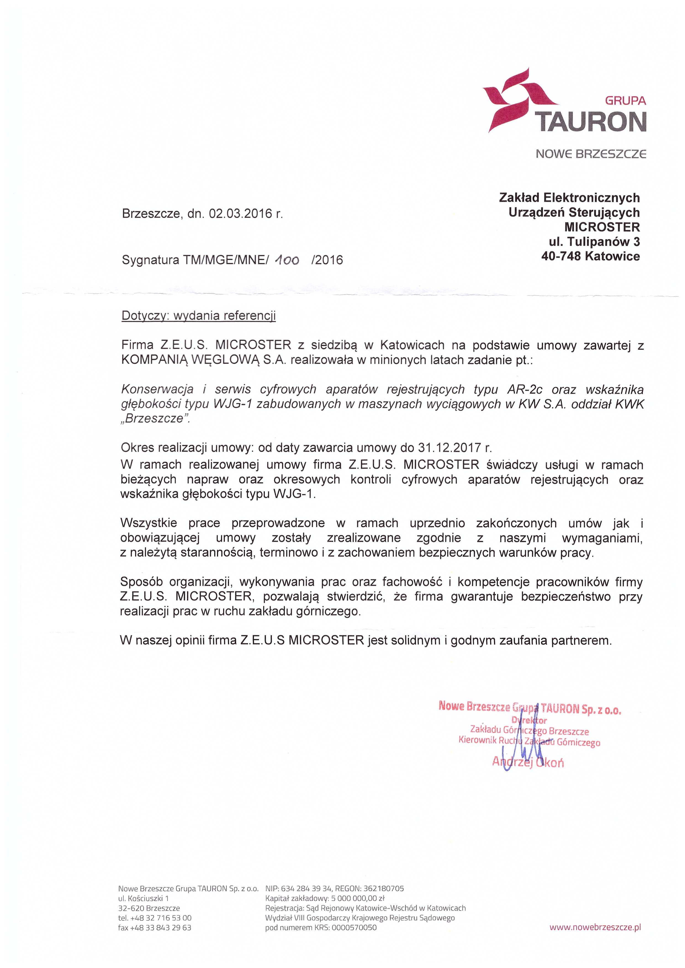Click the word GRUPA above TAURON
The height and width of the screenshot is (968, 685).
pyautogui.click(x=625, y=101)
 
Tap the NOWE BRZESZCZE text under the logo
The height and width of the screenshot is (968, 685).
pyautogui.click(x=591, y=154)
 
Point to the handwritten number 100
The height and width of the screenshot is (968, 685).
pyautogui.click(x=287, y=260)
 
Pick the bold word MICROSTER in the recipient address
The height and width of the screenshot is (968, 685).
pyautogui.click(x=602, y=227)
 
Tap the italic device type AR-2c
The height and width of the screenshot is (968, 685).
pyautogui.click(x=525, y=389)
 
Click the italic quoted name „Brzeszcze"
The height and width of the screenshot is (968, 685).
pyautogui.click(x=155, y=419)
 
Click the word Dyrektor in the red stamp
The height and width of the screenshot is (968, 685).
pyautogui.click(x=529, y=721)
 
